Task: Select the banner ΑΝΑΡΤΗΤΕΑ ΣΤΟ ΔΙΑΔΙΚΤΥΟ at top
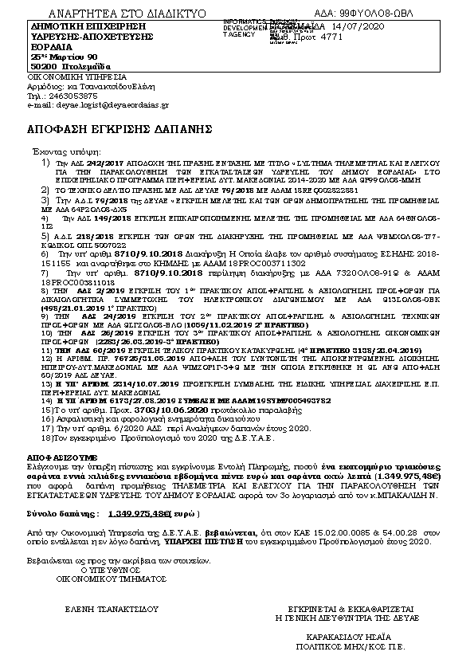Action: pos(127,14)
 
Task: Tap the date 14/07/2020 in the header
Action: pos(366,27)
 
